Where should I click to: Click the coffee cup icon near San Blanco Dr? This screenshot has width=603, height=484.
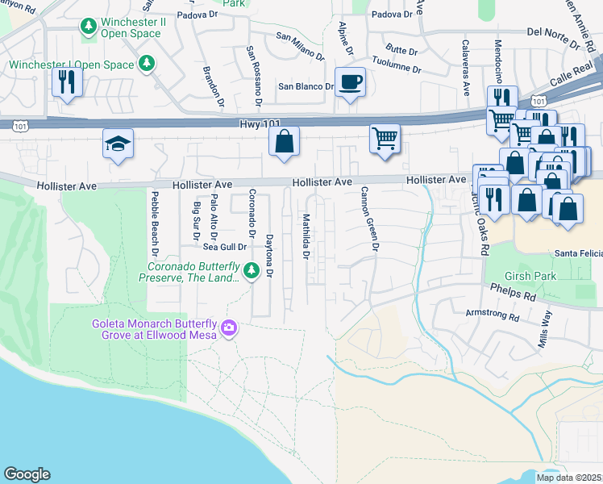coord(349,82)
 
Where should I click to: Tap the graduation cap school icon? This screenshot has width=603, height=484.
coord(118,145)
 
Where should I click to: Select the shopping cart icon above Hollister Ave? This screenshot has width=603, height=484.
coord(385,138)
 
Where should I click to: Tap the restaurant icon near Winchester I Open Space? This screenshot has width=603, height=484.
coord(67,82)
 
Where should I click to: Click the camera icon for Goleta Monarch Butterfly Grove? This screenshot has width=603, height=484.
coord(229,328)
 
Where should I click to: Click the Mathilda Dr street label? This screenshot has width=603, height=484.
coord(306,237)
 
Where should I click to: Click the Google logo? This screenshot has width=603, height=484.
coord(27,474)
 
